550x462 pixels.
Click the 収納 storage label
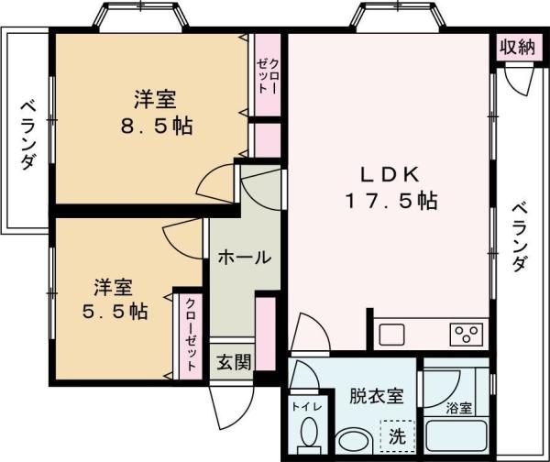pos(517,48)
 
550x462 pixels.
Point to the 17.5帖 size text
pos(390,200)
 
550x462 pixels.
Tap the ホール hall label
pos(243,258)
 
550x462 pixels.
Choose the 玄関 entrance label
pos(234,362)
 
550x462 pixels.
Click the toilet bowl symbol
pos(309,432)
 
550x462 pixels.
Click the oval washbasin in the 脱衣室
pos(351,442)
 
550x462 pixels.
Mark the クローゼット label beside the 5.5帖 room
pos(191,334)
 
